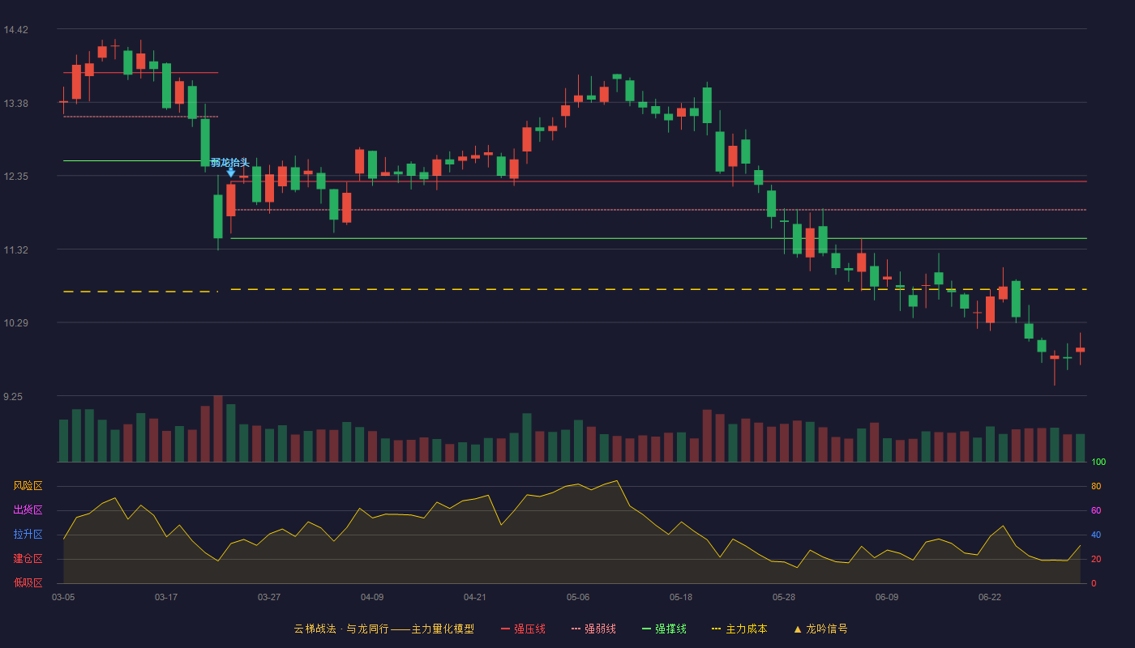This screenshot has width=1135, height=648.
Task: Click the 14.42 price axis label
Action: click(15, 30)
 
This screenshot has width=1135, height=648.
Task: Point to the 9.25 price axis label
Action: click(13, 397)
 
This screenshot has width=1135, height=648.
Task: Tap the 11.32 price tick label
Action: click(15, 250)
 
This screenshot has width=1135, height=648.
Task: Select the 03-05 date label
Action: click(63, 598)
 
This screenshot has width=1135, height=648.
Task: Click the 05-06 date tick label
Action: click(578, 598)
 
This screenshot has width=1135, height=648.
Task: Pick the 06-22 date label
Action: click(990, 598)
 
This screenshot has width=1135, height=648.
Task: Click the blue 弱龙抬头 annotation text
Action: click(230, 163)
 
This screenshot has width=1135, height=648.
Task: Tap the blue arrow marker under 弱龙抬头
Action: click(230, 173)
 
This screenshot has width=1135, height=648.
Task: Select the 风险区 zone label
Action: click(28, 486)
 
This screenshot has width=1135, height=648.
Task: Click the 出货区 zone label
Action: click(28, 509)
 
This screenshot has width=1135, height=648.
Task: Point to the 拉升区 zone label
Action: click(28, 534)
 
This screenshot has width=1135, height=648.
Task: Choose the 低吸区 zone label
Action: click(28, 582)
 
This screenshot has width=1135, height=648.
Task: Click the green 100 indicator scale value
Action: click(1099, 462)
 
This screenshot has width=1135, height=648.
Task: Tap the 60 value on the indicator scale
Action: click(1096, 510)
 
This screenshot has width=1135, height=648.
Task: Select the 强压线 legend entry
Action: click(523, 629)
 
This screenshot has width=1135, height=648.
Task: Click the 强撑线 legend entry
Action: click(664, 629)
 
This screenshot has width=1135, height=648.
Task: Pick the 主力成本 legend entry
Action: click(739, 629)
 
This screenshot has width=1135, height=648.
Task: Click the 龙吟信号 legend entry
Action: click(820, 629)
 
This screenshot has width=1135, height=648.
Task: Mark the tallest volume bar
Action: click(218, 428)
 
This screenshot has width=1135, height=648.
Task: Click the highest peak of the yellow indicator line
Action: click(617, 481)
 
